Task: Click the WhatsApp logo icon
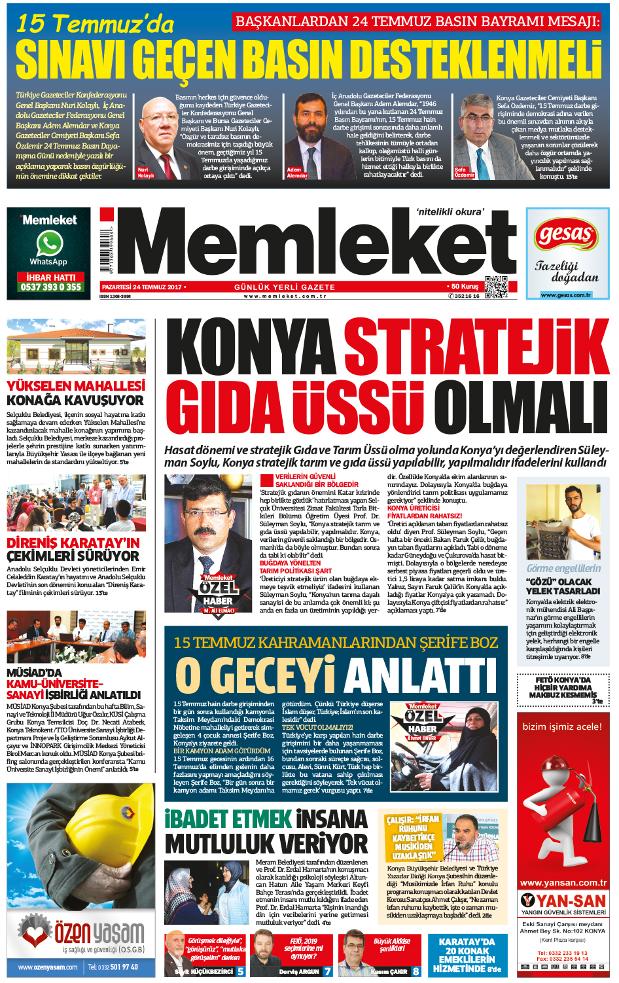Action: [x=50, y=243]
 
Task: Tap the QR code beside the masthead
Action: [x=495, y=287]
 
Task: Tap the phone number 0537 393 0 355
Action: [x=51, y=287]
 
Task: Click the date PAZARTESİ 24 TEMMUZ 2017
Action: [x=142, y=287]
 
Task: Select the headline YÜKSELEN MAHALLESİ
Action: [x=76, y=386]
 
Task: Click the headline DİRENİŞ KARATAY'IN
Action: [x=73, y=543]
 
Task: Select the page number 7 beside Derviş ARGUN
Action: [x=327, y=971]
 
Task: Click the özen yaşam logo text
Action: [x=99, y=933]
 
